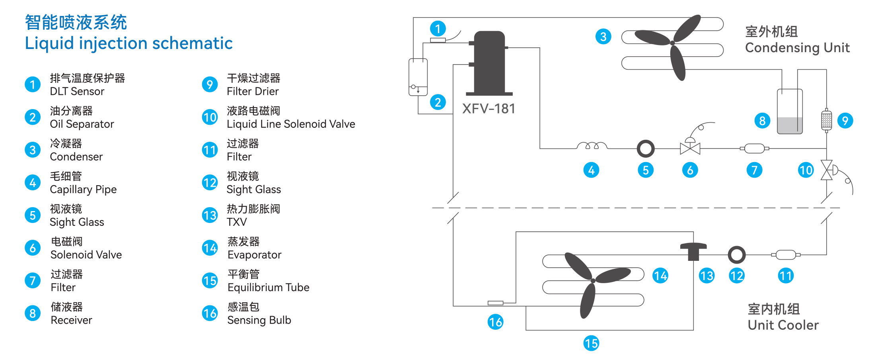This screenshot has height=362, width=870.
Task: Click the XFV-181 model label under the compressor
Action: point(489,109)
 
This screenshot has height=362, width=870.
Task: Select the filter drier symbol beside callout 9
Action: point(826,119)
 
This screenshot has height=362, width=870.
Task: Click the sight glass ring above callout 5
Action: point(645,149)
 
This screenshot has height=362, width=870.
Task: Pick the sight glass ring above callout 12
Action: point(736,254)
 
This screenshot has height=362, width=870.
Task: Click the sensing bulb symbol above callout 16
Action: point(495,303)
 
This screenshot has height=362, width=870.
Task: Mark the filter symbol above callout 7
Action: point(754,149)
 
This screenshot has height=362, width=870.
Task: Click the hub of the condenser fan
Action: point(672,43)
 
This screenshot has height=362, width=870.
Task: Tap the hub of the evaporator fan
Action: point(593,281)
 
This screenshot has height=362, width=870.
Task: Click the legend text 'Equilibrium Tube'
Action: point(268,288)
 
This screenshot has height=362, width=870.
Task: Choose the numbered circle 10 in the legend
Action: point(210,117)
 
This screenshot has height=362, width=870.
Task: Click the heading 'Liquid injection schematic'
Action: point(128,43)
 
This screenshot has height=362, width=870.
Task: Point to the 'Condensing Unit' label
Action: point(797,48)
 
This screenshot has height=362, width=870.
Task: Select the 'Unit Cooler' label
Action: point(783,325)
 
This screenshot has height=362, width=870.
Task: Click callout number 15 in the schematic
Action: point(591,343)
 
